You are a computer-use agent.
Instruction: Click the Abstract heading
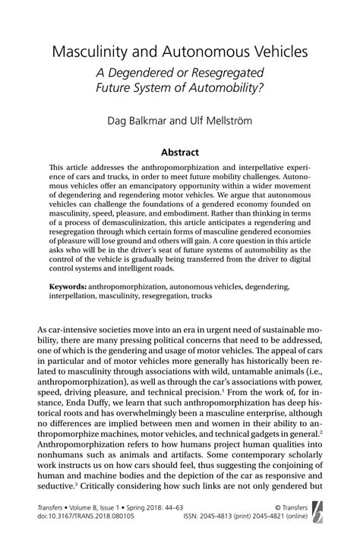click(179, 152)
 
